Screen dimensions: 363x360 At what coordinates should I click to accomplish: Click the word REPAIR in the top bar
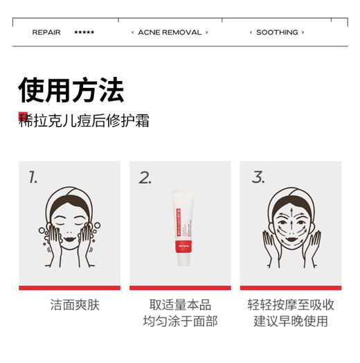click(46, 33)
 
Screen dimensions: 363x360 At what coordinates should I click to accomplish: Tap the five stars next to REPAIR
click(84, 33)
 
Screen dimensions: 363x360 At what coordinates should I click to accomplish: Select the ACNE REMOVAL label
click(170, 33)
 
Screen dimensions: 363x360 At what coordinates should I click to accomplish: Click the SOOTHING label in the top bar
click(277, 33)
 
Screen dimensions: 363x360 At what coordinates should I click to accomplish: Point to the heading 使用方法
click(71, 90)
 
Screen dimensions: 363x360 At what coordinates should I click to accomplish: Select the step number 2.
click(145, 177)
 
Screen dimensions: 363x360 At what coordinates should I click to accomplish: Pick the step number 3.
click(258, 177)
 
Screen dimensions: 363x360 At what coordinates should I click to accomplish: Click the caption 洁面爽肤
click(69, 305)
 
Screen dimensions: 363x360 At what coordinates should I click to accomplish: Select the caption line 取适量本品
click(180, 305)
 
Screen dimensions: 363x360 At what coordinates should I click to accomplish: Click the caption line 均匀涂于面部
click(180, 321)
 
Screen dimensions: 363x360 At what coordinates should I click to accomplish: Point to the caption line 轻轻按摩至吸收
click(291, 305)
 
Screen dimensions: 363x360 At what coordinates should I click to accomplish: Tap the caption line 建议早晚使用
click(291, 321)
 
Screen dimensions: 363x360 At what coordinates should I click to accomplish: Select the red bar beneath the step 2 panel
click(180, 287)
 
